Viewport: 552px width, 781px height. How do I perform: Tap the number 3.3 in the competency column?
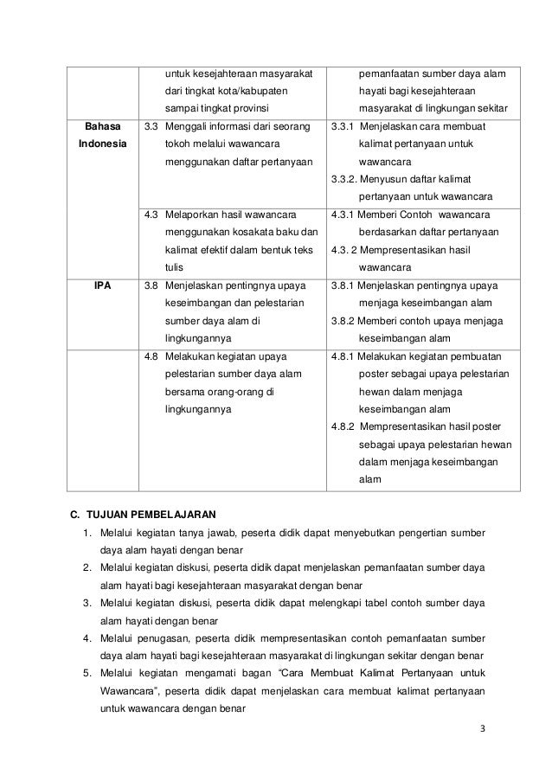[x=151, y=126]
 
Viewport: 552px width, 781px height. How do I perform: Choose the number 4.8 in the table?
[x=151, y=356]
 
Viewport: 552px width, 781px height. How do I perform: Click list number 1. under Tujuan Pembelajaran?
[x=87, y=532]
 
